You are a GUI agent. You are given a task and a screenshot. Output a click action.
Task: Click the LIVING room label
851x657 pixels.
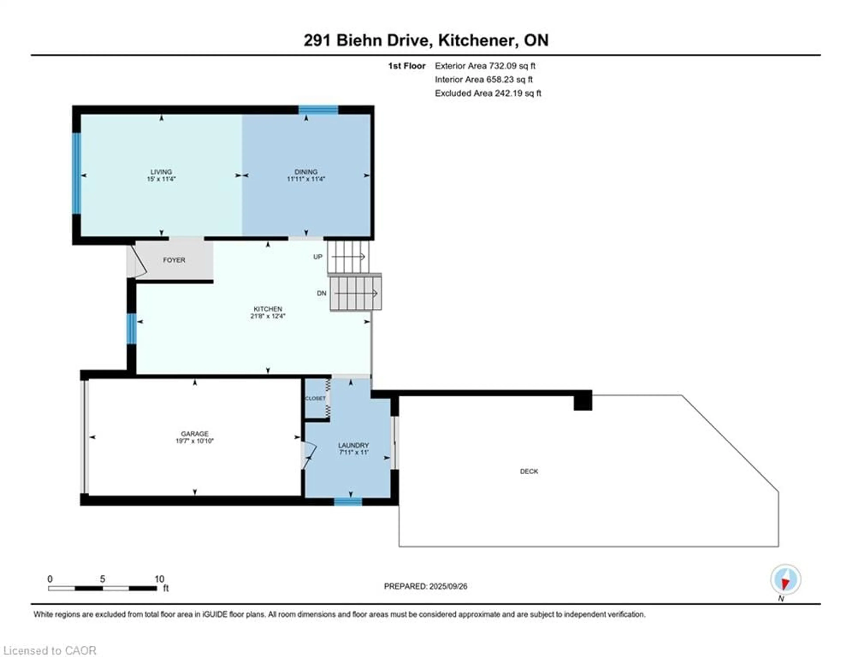coord(161,172)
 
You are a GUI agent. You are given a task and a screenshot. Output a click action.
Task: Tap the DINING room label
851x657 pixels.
coord(306,172)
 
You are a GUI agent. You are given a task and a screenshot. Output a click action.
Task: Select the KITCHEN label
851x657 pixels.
coord(268,309)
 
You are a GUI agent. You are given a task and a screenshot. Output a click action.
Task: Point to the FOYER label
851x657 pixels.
coord(174,260)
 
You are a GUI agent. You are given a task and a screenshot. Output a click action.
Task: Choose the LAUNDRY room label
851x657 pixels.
coord(353,445)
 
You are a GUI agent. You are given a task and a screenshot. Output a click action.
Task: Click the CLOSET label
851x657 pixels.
coord(315,398)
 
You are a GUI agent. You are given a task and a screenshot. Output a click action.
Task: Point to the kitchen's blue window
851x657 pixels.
coord(132,328)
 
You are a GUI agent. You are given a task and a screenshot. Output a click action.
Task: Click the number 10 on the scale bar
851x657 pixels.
coord(159,579)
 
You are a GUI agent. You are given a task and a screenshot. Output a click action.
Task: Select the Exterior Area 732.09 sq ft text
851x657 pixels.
coord(485,66)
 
